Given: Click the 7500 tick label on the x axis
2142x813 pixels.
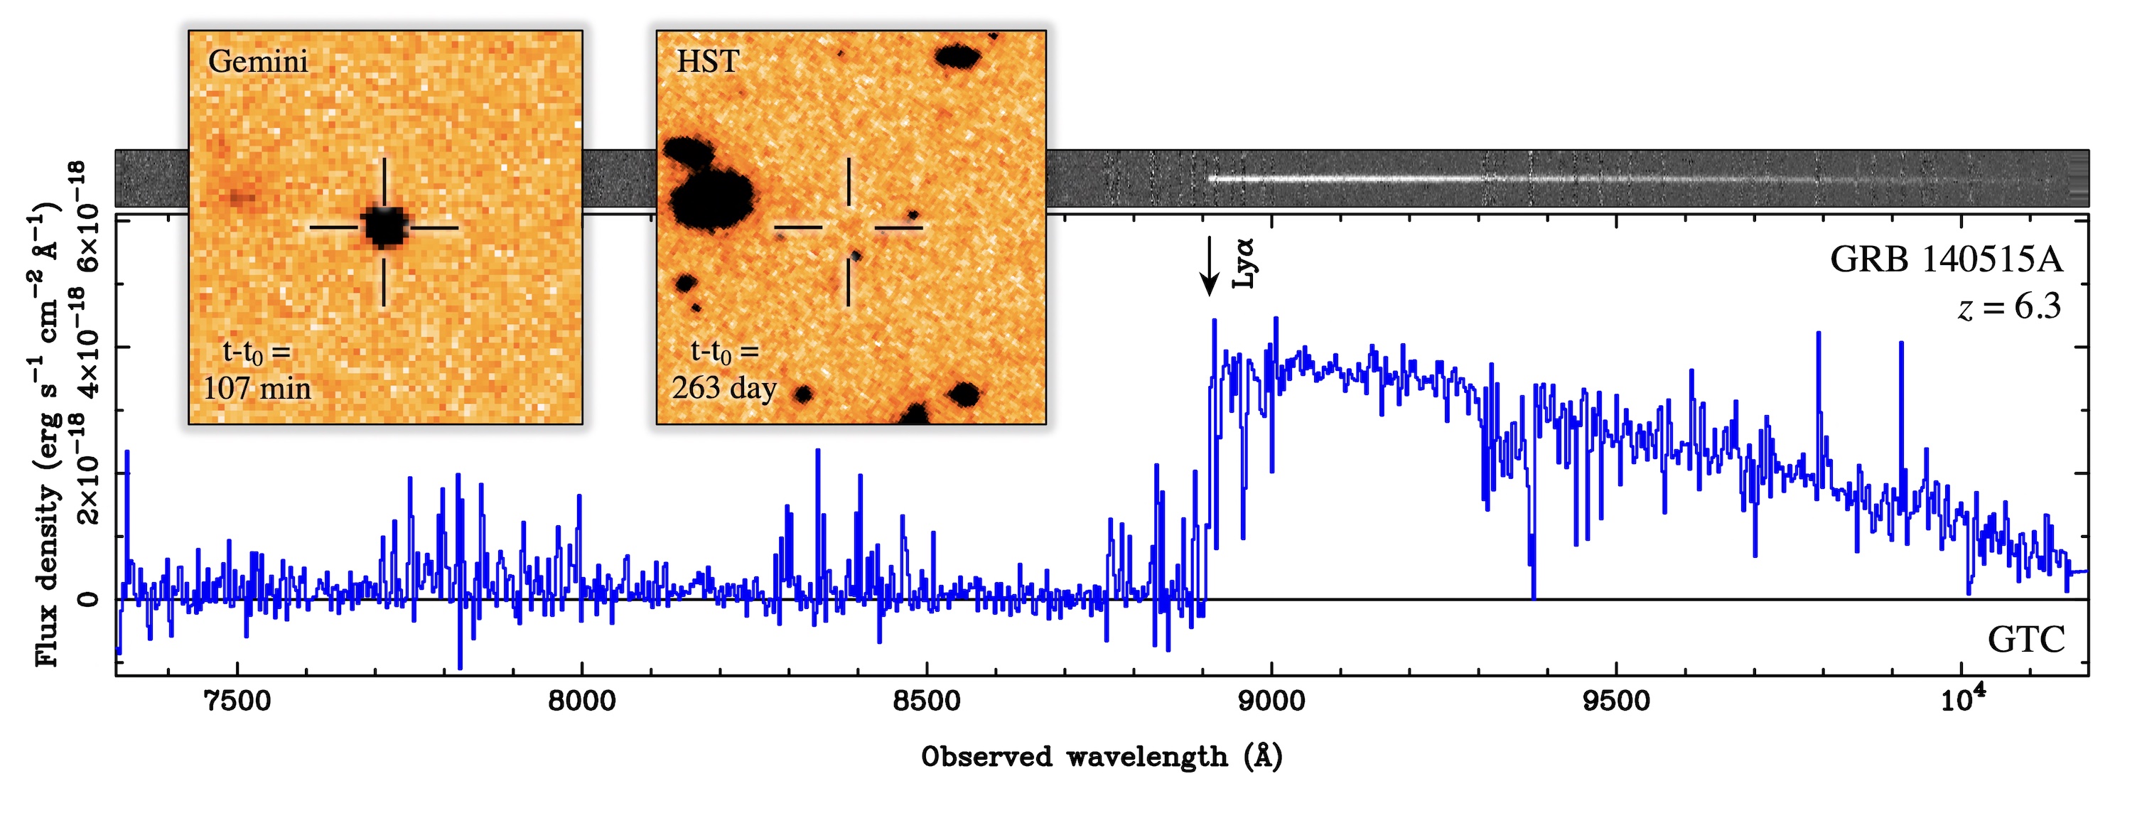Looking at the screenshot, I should tap(238, 701).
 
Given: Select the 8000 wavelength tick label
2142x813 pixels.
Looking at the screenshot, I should tap(582, 701).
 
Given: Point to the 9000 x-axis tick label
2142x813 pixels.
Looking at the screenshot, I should tap(1271, 701).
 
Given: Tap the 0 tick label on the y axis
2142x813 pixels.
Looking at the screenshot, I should tap(88, 599).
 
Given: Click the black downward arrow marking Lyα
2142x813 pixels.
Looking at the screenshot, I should tap(1210, 265).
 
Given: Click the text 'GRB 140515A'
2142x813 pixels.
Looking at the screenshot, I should tap(1946, 261).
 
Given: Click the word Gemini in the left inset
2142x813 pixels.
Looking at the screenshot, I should tap(258, 62).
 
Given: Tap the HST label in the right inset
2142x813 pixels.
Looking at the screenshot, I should tap(708, 62).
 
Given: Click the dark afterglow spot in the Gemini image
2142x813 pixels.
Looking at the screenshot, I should tap(384, 226).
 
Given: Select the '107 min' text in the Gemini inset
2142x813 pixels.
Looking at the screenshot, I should tap(258, 388).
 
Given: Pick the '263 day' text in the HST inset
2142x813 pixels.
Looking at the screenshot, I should tap(724, 388).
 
